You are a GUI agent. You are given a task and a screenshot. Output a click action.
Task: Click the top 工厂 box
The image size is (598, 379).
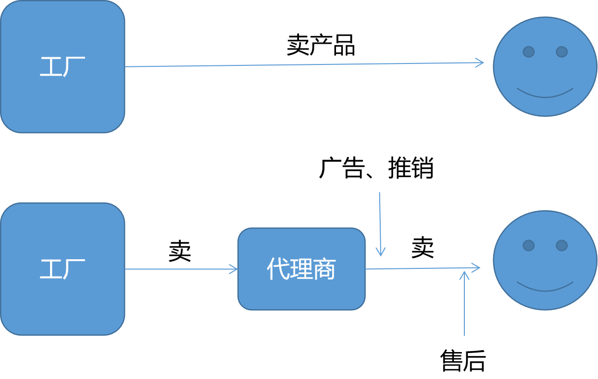tap(62, 66)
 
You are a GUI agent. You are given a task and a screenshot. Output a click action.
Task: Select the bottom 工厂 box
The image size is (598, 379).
tap(62, 269)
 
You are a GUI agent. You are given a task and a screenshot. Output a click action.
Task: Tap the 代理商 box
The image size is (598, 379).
tap(301, 269)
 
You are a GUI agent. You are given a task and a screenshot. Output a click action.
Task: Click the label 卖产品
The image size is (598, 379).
tap(321, 45)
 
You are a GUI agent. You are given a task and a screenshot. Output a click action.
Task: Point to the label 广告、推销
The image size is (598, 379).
tap(376, 168)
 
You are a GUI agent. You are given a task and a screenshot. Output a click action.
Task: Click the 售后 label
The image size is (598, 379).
tap(463, 360)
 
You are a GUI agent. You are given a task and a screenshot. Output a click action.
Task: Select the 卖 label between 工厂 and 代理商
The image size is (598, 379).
tap(180, 251)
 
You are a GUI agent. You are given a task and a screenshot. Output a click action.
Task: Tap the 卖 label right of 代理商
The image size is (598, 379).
tap(423, 248)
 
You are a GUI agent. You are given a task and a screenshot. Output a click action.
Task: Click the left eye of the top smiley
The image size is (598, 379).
tap(528, 51)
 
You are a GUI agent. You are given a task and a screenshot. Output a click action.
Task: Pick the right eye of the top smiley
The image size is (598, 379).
tap(561, 51)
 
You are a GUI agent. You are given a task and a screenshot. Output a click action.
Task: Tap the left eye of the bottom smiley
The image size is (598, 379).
tap(528, 245)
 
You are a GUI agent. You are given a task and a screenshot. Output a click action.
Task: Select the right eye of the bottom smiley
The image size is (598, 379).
tap(561, 245)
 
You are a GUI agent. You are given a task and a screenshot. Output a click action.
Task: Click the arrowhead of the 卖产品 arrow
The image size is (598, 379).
tap(480, 63)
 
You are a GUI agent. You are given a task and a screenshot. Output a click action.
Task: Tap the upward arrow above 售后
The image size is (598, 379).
tap(464, 303)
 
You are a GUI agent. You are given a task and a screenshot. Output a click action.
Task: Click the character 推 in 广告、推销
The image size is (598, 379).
tap(399, 168)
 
